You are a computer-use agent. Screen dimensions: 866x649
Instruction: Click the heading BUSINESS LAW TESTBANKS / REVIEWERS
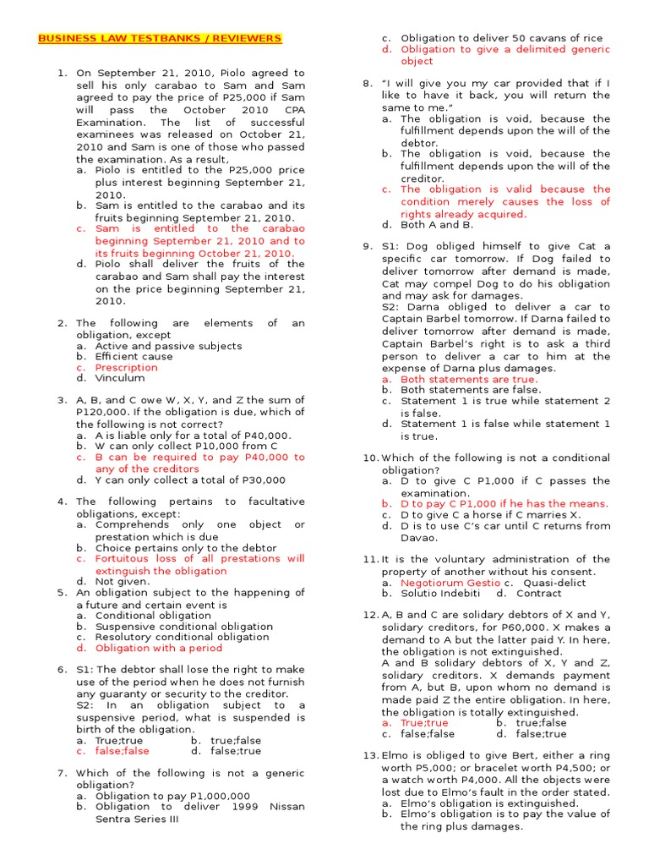click(x=160, y=39)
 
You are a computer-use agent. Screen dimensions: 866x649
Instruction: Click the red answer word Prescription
click(x=126, y=368)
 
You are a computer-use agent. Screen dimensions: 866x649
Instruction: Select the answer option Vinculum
click(x=120, y=379)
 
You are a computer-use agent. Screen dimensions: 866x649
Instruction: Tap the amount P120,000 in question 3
click(x=105, y=413)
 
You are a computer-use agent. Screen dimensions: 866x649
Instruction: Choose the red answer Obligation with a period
click(x=158, y=649)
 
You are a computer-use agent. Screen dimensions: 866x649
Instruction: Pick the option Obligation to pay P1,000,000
click(x=172, y=797)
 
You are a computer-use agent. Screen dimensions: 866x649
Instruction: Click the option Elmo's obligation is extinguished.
click(x=489, y=803)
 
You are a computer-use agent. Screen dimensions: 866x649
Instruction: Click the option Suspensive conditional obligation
click(x=184, y=627)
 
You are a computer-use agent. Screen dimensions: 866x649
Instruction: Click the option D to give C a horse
click(x=490, y=515)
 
